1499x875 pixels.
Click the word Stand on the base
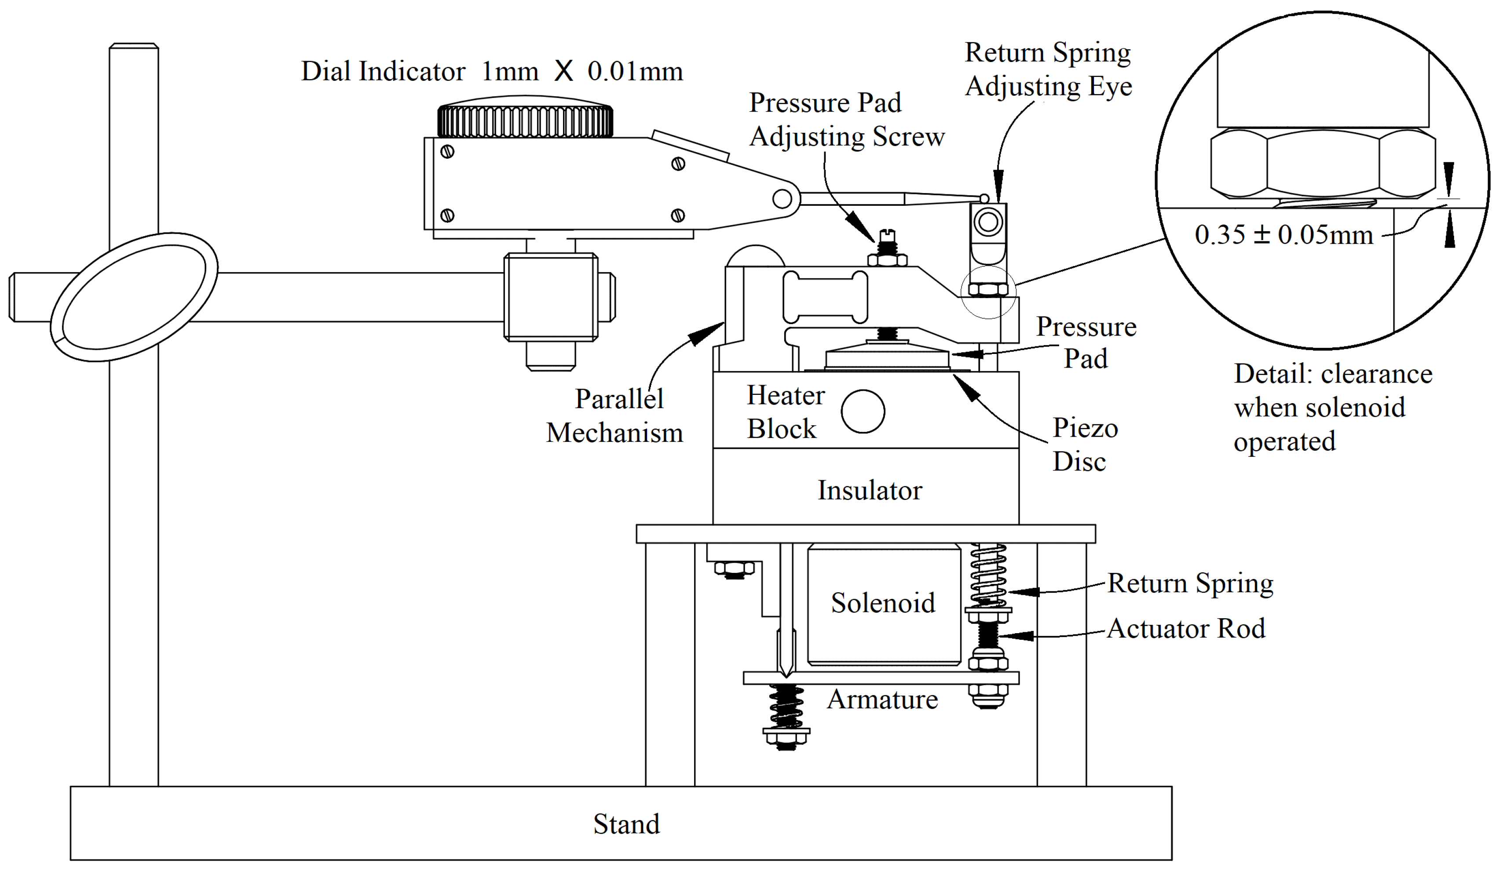(x=626, y=824)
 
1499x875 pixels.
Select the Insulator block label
(x=870, y=491)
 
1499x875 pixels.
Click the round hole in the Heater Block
(x=863, y=411)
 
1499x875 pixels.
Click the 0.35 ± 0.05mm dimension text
(x=1283, y=235)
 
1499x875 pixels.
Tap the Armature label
(x=882, y=700)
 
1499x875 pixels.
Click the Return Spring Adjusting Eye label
(x=1048, y=69)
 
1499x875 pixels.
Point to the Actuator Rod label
(x=1185, y=629)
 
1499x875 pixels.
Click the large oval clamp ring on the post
(x=134, y=296)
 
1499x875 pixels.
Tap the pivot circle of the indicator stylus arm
(x=782, y=199)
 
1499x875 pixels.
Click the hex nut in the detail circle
(x=1323, y=164)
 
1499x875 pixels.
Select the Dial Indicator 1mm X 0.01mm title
(x=491, y=71)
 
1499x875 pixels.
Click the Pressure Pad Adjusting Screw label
(x=846, y=120)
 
